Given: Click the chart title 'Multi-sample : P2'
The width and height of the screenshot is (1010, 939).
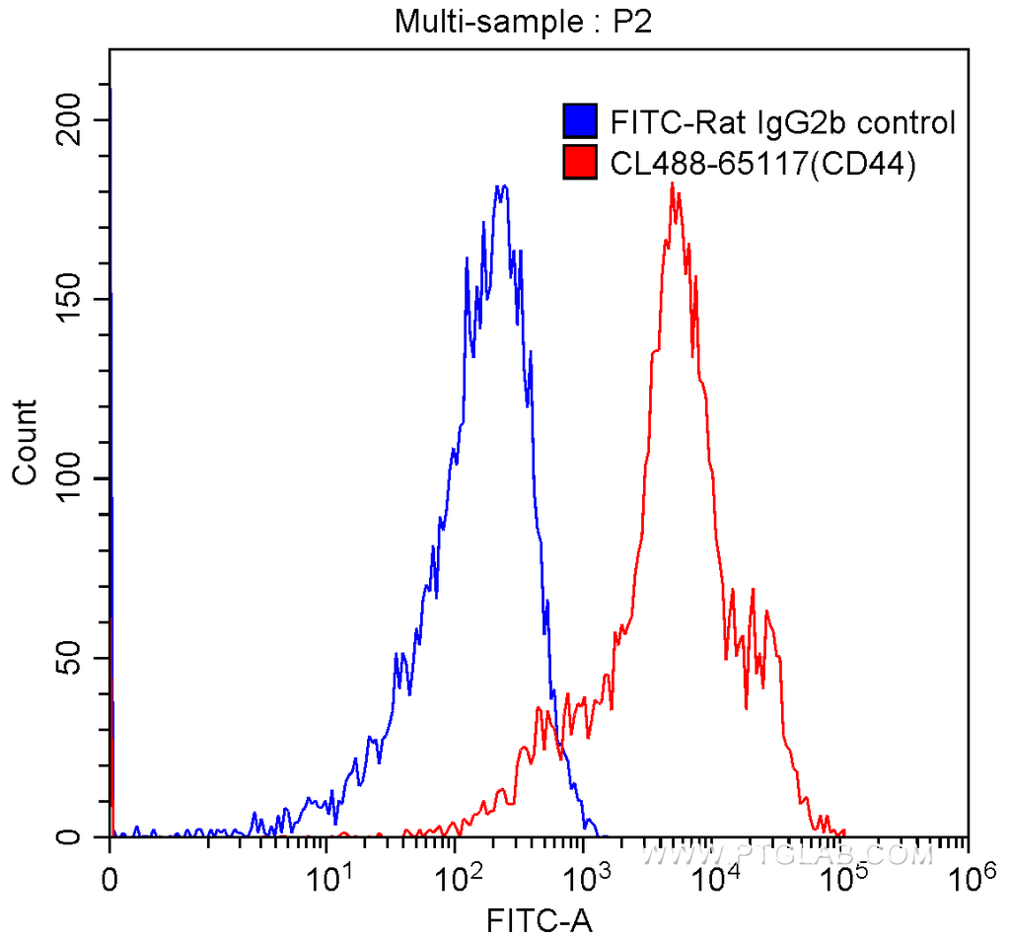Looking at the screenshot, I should (x=524, y=22).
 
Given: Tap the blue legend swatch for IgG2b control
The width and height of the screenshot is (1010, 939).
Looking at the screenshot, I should (x=580, y=122).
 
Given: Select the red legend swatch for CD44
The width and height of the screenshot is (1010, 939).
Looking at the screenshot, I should (x=580, y=163).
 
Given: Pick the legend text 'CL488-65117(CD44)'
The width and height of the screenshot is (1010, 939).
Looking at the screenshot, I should (x=764, y=164).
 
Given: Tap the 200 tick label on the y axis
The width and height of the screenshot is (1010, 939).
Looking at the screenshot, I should (x=72, y=120).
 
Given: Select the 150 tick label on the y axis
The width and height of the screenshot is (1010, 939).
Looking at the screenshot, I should (x=72, y=299).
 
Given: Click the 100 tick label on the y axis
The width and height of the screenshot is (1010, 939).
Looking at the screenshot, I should (x=72, y=478).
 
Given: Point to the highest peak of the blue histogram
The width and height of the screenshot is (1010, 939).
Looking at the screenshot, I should (x=502, y=185).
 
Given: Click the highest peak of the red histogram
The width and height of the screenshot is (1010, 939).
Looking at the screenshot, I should (x=672, y=183).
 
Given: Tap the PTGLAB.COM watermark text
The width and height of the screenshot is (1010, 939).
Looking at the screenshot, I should (x=789, y=854).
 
